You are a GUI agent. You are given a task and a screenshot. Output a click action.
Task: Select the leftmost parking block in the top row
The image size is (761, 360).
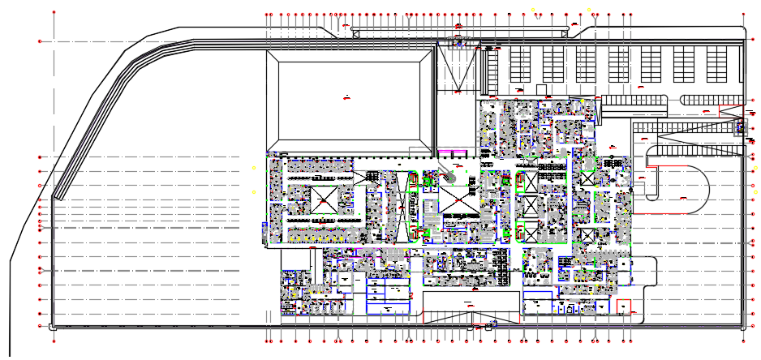[519, 63]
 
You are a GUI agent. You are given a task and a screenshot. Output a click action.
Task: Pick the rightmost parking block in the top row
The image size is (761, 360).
[717, 63]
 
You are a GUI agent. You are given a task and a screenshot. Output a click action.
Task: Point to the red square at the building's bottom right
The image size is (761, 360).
[624, 308]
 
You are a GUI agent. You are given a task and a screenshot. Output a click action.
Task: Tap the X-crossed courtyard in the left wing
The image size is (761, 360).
[323, 199]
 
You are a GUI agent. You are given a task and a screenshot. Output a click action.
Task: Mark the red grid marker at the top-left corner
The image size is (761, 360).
[54, 14]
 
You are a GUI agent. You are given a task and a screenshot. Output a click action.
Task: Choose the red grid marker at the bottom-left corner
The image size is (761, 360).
[54, 341]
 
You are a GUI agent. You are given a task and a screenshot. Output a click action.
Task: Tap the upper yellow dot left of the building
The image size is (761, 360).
[254, 167]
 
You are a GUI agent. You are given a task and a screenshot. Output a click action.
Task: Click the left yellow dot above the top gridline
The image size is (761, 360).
[534, 8]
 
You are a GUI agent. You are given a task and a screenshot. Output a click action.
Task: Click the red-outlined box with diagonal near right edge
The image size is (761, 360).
[740, 126]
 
